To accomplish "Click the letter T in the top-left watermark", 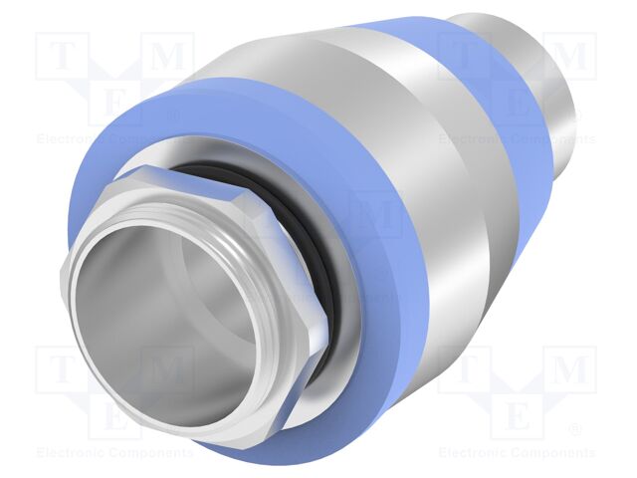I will tap(63, 56).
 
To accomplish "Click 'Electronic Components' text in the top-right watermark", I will tap(518, 139).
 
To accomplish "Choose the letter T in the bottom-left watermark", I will tap(63, 369).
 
